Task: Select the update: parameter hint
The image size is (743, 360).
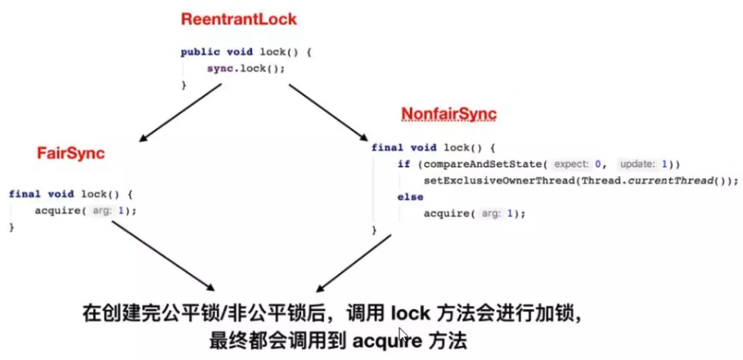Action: point(636,164)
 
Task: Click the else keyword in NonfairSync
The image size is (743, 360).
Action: point(410,197)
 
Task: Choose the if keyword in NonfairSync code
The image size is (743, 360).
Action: point(403,164)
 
